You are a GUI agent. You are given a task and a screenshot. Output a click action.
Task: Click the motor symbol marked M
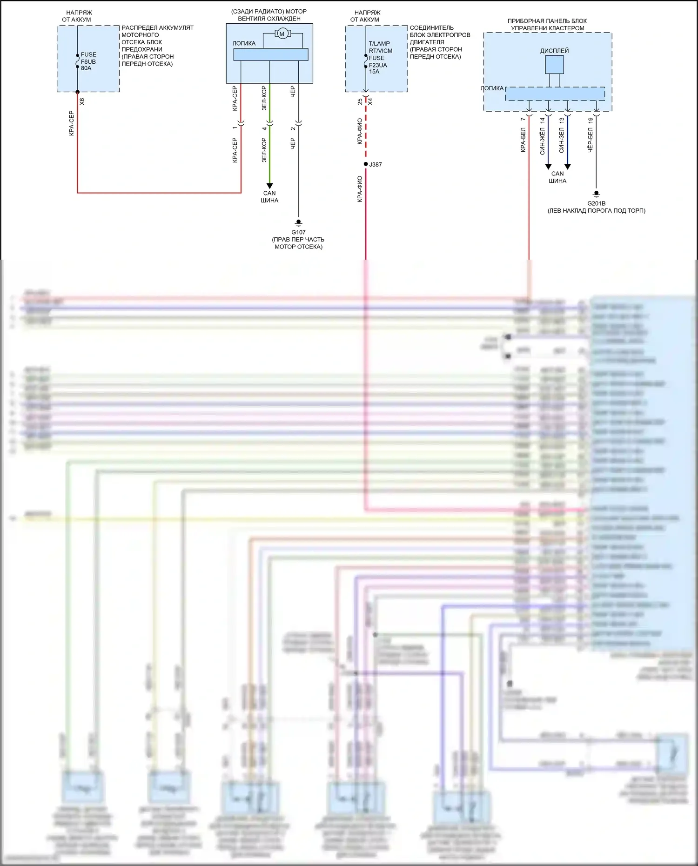point(282,34)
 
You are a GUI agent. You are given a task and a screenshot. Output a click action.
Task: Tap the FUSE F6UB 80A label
point(88,61)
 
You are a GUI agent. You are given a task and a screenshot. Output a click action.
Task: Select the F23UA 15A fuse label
point(377,68)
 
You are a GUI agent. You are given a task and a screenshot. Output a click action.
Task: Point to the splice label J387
point(375,165)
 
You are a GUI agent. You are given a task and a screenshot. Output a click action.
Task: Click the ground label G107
point(298,232)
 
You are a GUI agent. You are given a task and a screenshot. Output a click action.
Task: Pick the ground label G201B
point(596,203)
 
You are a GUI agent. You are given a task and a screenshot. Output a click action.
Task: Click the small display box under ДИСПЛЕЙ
point(554,65)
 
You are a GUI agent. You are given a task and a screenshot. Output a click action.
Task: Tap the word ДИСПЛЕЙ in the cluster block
point(554,51)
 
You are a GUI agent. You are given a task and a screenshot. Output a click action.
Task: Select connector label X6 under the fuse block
point(82,101)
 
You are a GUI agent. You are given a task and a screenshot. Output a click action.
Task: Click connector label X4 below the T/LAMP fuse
point(370,101)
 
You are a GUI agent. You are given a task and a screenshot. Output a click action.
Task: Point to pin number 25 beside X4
point(360,101)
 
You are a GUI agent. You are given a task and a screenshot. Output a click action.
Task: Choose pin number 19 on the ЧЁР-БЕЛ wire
point(591,120)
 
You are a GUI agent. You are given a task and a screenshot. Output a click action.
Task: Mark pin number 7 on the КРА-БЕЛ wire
point(523,119)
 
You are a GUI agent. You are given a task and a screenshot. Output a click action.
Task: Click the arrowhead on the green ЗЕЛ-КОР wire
point(269,186)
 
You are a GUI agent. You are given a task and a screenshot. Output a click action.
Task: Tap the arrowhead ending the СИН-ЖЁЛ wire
point(548,167)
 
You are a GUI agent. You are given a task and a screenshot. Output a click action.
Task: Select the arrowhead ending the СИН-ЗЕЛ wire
point(567,167)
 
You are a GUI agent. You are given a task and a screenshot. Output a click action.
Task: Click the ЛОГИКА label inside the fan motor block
point(244,43)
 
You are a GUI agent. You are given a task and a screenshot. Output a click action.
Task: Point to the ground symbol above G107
point(299,223)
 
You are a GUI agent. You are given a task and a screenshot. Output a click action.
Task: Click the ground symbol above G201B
point(596,194)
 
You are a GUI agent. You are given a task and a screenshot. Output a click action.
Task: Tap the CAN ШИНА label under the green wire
point(269,197)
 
